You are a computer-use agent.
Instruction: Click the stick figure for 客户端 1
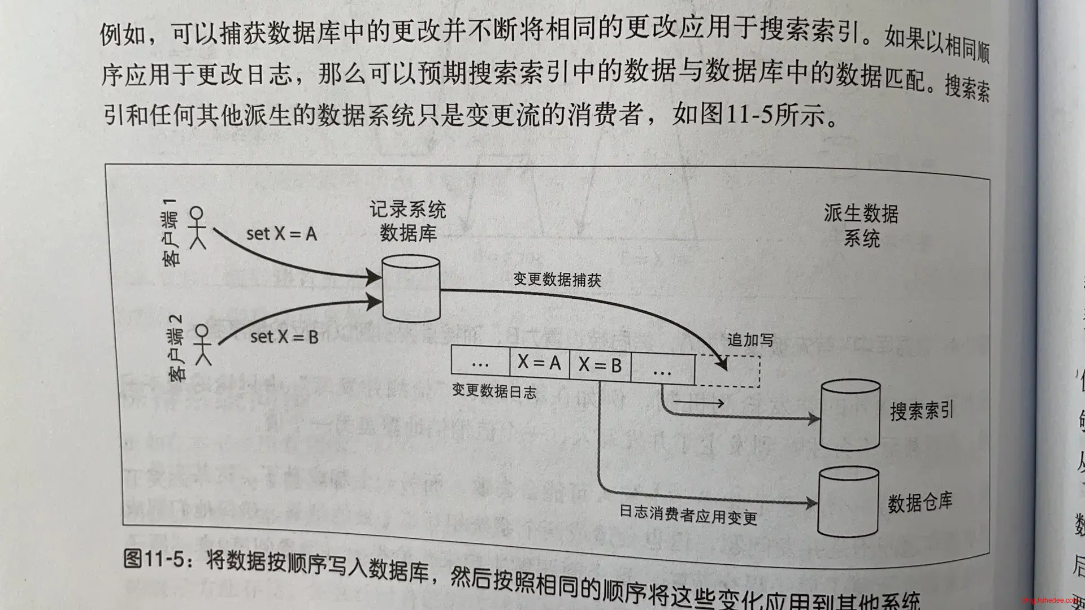197,228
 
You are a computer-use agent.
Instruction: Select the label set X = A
281,233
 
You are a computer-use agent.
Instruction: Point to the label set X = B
284,337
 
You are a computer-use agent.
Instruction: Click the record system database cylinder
411,288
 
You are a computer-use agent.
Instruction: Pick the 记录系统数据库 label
408,221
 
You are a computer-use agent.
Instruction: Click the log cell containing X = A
539,362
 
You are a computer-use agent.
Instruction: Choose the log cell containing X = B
600,365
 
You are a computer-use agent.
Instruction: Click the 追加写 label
750,339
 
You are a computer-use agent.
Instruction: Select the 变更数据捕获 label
557,280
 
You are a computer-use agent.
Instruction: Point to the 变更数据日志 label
494,391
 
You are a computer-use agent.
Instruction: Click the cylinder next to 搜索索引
850,415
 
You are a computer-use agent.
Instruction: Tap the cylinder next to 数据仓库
848,502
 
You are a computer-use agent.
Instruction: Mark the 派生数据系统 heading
861,225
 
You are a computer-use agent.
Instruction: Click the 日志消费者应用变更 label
688,515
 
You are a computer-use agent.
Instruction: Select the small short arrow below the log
698,403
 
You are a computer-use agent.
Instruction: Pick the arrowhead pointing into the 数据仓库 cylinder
812,502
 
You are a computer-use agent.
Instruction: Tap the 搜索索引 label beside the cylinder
922,411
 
